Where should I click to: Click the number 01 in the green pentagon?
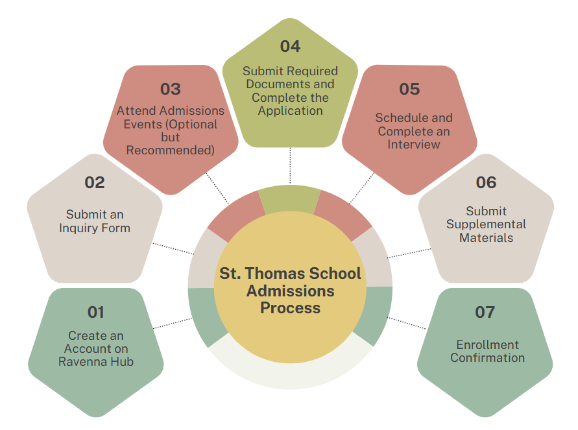pos(96,312)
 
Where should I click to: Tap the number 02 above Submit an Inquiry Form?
pos(95,182)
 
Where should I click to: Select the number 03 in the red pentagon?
pos(171,89)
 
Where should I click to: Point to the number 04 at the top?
pos(290,46)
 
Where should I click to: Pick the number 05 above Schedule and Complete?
pos(409,89)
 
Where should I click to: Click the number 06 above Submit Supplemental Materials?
pos(487,182)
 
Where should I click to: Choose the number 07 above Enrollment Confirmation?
pos(485,312)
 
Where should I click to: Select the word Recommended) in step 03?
pos(171,150)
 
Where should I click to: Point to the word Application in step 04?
pos(290,111)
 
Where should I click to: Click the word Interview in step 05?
pos(414,145)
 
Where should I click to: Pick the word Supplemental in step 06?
pos(487,224)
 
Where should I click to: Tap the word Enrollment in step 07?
pos(487,344)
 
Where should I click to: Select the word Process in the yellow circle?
pos(291,307)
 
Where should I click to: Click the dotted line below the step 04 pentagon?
pos(290,165)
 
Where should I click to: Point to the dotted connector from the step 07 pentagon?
pos(407,323)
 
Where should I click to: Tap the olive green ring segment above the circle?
pos(290,199)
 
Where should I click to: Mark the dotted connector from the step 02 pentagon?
pos(173,248)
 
